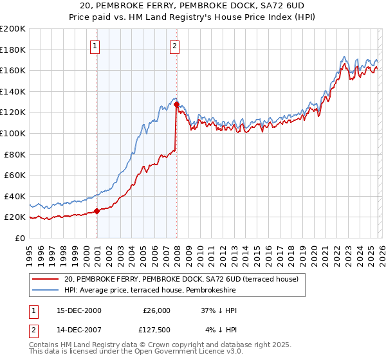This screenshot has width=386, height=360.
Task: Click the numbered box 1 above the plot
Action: pos(95,45)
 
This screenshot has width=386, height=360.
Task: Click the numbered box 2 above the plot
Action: pos(174,45)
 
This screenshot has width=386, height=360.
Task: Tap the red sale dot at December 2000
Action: pos(96,211)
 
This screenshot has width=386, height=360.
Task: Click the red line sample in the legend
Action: pos(45,279)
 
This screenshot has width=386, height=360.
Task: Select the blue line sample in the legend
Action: pos(45,291)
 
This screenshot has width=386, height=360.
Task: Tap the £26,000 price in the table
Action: pos(155,310)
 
